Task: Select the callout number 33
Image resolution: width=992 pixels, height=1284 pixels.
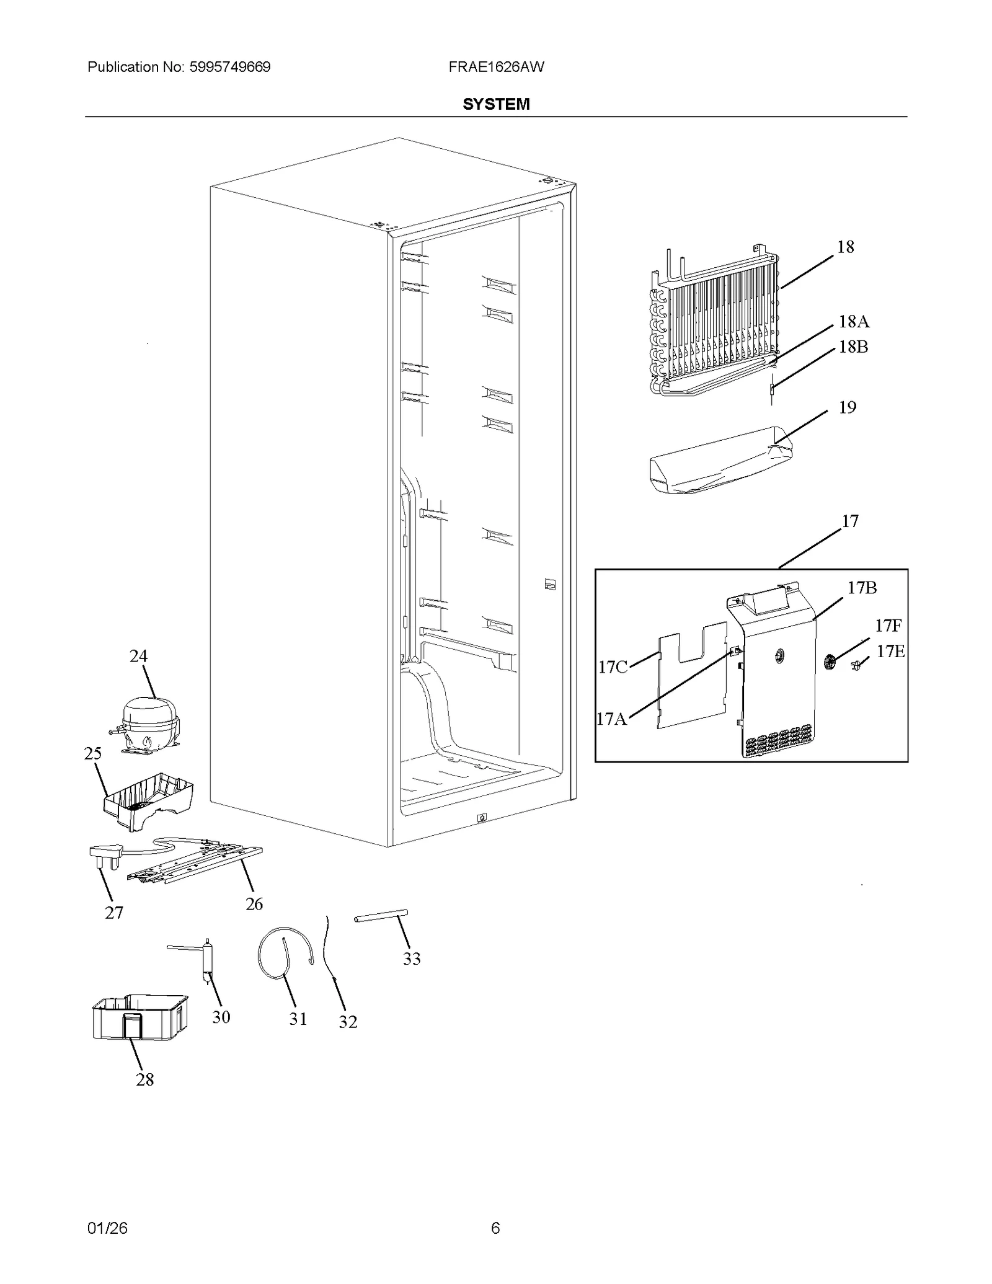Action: pyautogui.click(x=412, y=959)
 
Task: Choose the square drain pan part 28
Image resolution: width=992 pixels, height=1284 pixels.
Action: pyautogui.click(x=139, y=1017)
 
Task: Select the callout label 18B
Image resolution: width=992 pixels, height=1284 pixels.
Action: pyautogui.click(x=853, y=347)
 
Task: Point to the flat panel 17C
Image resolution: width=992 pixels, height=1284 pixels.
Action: pyautogui.click(x=691, y=676)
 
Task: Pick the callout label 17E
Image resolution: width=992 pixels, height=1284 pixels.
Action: pyautogui.click(x=890, y=652)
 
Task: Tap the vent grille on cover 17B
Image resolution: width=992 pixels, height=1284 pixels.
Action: pyautogui.click(x=778, y=741)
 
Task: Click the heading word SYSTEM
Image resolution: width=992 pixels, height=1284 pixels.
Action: pyautogui.click(x=496, y=104)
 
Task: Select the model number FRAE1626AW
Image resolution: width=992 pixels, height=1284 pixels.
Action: pyautogui.click(x=496, y=67)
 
